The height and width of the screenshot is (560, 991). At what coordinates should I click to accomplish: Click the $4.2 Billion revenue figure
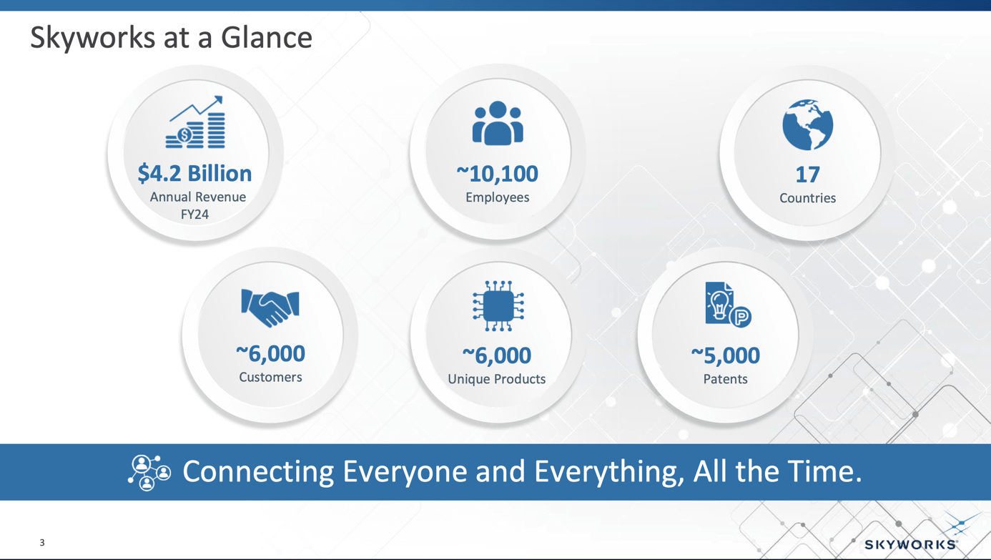coord(194,173)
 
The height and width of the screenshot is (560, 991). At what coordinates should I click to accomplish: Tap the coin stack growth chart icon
coord(196,123)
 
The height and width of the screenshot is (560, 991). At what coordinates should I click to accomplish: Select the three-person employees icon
coord(498,124)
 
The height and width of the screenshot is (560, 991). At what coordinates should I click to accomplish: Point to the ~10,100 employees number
coord(497,174)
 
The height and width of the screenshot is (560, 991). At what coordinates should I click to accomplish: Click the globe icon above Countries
coord(807,125)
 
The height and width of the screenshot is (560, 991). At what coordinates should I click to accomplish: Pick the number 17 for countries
coord(807,175)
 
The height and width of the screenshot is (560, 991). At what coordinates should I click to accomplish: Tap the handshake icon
coord(270,307)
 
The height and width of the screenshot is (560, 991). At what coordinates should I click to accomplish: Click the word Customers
coord(270,377)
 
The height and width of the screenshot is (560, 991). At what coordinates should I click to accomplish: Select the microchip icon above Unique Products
coord(498,306)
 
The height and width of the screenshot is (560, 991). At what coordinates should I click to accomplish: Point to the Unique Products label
coord(496,379)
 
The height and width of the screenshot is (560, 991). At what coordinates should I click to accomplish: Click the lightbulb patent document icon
coord(727,305)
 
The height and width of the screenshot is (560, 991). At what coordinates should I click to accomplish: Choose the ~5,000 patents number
coord(725,355)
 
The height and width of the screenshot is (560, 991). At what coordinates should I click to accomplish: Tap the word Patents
coord(725,379)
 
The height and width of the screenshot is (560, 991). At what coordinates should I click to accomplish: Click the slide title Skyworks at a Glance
coord(171,37)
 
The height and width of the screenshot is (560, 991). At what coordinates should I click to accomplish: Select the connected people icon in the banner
coord(149,472)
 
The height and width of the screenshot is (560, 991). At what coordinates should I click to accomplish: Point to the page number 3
coord(42,543)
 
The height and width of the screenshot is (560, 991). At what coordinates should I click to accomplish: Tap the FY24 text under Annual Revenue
coord(194,215)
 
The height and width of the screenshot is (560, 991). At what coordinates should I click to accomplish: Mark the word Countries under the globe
coord(807,198)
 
